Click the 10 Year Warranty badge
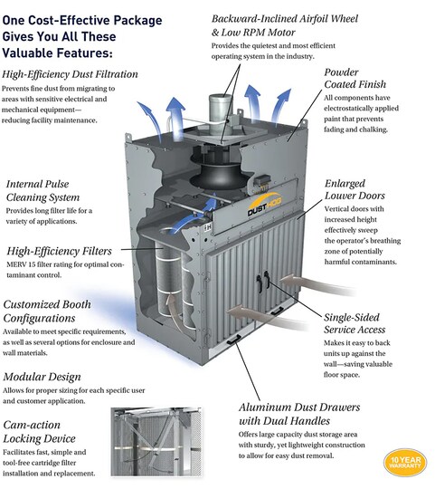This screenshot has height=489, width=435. (x=405, y=463)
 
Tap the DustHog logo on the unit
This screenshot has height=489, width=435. (x=264, y=205)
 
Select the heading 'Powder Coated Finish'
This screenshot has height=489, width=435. (x=355, y=78)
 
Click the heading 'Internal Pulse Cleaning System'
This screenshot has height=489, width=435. (x=43, y=190)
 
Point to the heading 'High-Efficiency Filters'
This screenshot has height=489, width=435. (x=59, y=251)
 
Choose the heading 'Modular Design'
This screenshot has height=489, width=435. (x=42, y=377)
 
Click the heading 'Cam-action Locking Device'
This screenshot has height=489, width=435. (x=39, y=432)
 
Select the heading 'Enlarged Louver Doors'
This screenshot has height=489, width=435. (x=355, y=189)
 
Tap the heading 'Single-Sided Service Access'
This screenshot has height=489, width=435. (x=355, y=323)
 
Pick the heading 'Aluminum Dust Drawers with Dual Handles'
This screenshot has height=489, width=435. (x=299, y=414)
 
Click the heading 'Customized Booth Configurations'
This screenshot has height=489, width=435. (x=47, y=312)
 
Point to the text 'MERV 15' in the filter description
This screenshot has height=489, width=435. (x=21, y=264)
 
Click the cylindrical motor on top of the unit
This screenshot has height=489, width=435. (x=220, y=114)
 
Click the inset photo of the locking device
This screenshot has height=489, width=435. (x=156, y=442)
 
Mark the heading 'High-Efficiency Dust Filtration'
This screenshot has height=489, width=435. (x=70, y=74)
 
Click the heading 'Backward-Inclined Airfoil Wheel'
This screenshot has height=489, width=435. (x=285, y=19)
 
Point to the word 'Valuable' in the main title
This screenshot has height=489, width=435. (x=25, y=53)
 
